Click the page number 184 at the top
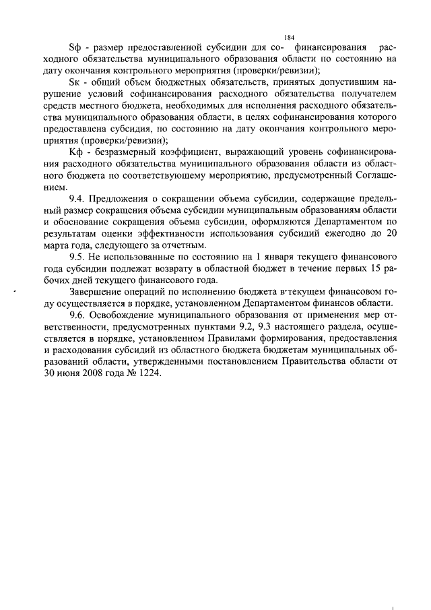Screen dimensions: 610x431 [290, 37]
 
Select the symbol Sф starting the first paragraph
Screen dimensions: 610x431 [76, 48]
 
